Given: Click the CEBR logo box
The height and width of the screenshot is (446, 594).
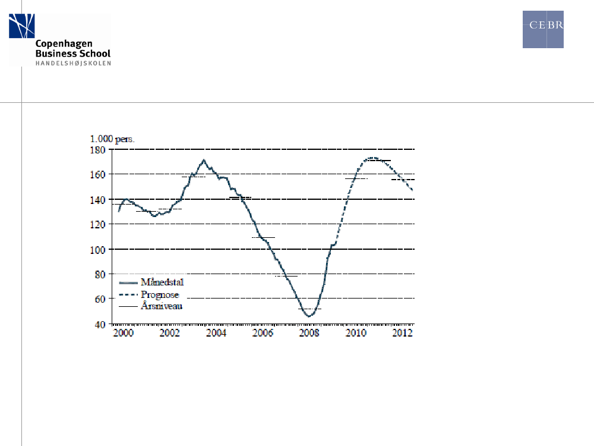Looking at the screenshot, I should pos(543,29).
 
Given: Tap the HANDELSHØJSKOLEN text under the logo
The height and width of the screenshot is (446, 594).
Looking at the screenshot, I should pos(73,62).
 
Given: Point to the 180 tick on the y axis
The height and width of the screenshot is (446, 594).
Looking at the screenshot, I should pos(97,149).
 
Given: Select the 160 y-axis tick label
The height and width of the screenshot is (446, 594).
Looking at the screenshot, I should pos(97,174).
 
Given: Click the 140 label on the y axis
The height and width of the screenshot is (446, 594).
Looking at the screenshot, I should pos(97,199).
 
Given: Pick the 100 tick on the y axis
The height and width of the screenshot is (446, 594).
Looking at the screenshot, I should pos(97,250).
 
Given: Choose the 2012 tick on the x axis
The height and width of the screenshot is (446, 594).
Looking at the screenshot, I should pos(402,333).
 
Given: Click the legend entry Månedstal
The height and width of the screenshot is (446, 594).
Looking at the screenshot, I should pos(162,282).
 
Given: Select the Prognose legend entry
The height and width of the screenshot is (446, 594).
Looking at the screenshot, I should pos(160,294).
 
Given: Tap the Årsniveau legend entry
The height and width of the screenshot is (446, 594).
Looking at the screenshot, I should pos(161,306).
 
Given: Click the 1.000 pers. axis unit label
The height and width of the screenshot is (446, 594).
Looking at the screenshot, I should pos(112,139).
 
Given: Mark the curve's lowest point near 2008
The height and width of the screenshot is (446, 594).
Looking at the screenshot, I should pos(308,316).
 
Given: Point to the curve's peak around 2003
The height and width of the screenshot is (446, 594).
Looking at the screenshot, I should pos(204,160).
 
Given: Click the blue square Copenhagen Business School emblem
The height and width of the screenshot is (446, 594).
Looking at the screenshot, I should pos(21,26).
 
